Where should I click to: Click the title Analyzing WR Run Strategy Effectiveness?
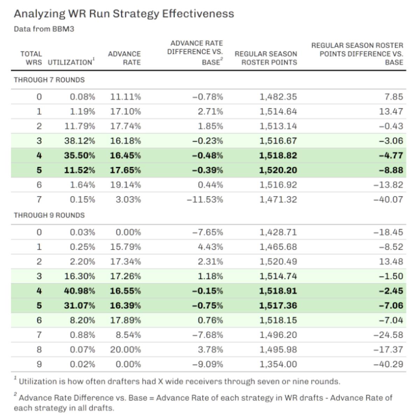pyautogui.click(x=124, y=14)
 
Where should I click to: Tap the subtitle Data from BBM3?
pyautogui.click(x=44, y=29)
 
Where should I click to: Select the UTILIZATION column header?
pyautogui.click(x=70, y=62)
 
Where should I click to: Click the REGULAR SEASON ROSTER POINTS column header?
pyautogui.click(x=266, y=58)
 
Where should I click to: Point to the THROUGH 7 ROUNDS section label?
pyautogui.click(x=49, y=80)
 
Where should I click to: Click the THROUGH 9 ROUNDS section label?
pyautogui.click(x=49, y=215)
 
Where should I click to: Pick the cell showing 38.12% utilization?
pyautogui.click(x=79, y=141)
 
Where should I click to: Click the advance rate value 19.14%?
pyautogui.click(x=126, y=185)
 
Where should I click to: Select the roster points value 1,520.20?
pyautogui.click(x=278, y=170)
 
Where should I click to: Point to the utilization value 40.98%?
pyautogui.click(x=79, y=291)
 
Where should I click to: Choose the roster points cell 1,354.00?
pyautogui.click(x=278, y=364)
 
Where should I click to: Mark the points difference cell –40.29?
pyautogui.click(x=388, y=364)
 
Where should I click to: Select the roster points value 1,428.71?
pyautogui.click(x=278, y=232)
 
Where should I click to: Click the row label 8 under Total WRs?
pyautogui.click(x=39, y=350)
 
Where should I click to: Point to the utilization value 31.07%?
pyautogui.click(x=79, y=306)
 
